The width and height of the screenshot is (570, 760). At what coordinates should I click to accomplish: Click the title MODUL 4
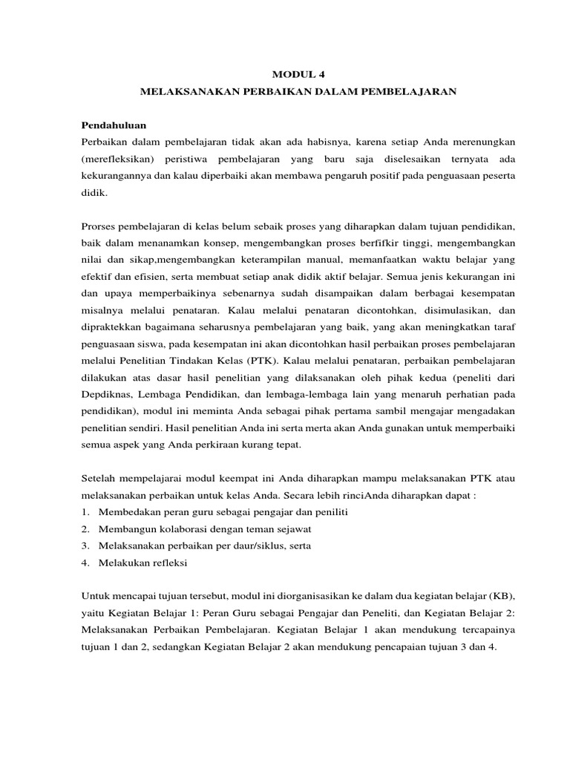(x=298, y=74)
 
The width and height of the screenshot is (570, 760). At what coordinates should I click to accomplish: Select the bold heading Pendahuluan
(x=115, y=124)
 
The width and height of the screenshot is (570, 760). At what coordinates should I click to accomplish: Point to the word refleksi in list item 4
(x=168, y=563)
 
